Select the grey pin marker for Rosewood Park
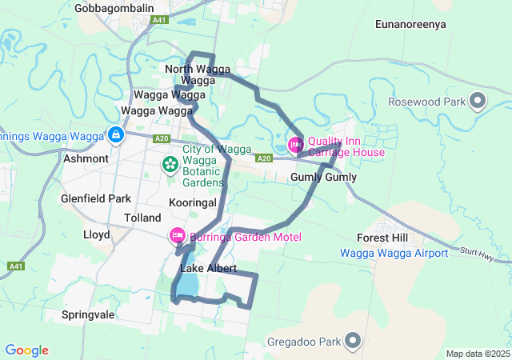coord(478,102)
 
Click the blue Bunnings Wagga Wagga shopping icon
coord(117,135)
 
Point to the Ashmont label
coord(86,158)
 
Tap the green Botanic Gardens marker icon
coord(170,164)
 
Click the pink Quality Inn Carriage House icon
coord(295,145)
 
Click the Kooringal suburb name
coord(194,203)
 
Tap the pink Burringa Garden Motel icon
coord(177,236)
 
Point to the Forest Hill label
coord(382,238)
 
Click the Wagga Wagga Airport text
coord(394,253)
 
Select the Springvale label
coord(88,315)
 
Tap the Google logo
coord(26,350)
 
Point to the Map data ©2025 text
coord(477,354)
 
